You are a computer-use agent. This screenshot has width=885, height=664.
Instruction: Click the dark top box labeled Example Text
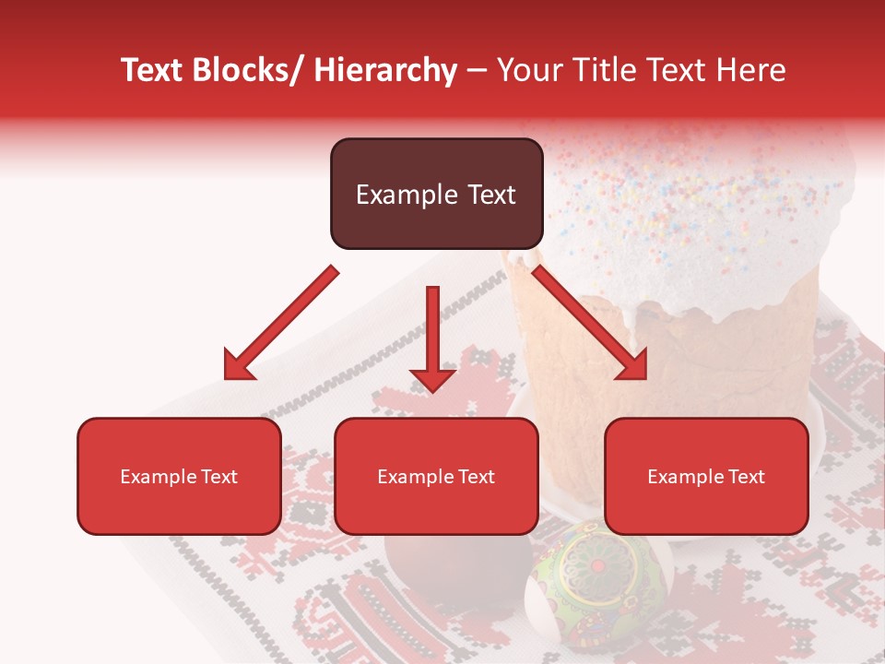(436, 194)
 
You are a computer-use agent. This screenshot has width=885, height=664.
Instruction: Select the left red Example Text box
(179, 476)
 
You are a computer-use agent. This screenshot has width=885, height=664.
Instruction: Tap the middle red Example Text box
(436, 476)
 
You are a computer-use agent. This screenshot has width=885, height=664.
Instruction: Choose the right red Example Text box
(706, 476)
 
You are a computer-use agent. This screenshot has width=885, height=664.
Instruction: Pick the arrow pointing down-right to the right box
(590, 323)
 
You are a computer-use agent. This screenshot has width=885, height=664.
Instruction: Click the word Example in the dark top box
(400, 195)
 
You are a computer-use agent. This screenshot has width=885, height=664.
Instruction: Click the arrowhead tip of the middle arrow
(432, 389)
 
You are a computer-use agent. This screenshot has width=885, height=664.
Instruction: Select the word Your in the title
(527, 70)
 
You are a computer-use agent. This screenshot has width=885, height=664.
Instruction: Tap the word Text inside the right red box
(746, 476)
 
